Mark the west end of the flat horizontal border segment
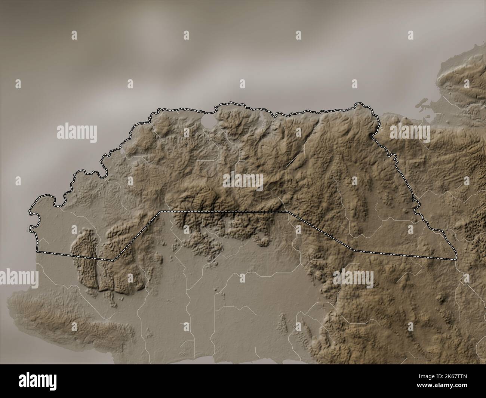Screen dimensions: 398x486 pyautogui.click(x=161, y=212)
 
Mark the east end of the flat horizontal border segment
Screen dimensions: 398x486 pyautogui.click(x=288, y=212)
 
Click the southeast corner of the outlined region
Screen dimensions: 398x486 pyautogui.click(x=456, y=259)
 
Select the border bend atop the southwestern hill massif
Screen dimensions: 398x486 pyautogui.click(x=114, y=259)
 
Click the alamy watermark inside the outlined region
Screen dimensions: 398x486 pyautogui.click(x=243, y=181)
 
